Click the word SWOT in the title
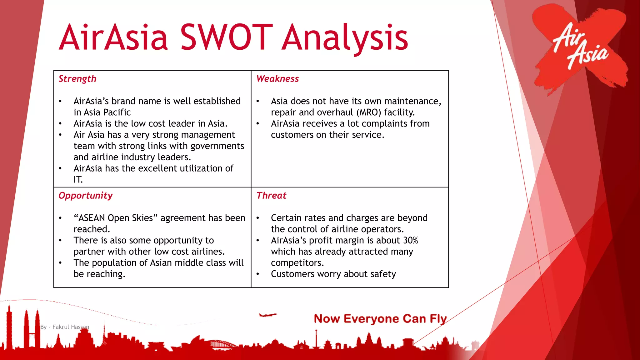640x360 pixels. click(224, 37)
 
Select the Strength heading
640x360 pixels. click(77, 79)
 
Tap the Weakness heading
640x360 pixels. click(277, 79)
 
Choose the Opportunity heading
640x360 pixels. click(86, 196)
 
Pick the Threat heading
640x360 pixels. click(271, 196)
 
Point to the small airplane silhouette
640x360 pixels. click(267, 315)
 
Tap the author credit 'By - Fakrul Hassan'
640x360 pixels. click(65, 327)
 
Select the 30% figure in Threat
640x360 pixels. click(411, 240)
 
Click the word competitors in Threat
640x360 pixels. click(296, 263)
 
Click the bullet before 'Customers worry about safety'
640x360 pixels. click(258, 274)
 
